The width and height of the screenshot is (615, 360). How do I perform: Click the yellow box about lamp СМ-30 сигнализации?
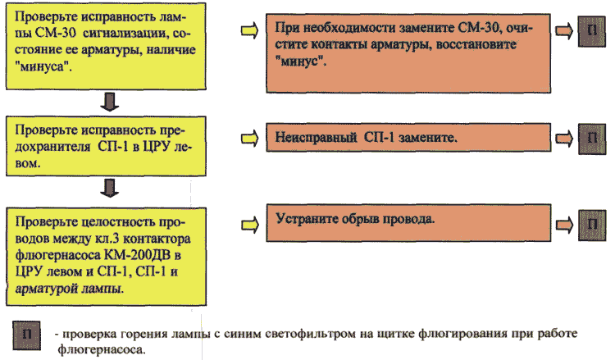[106, 46]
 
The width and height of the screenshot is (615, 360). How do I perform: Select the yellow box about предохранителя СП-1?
[106, 146]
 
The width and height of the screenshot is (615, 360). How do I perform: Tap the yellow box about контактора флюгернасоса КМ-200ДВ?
[106, 257]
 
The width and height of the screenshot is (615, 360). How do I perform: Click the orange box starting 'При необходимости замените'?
[408, 53]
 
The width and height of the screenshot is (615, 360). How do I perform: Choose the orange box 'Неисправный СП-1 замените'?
[408, 137]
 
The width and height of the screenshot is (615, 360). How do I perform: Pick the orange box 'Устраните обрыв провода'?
[408, 223]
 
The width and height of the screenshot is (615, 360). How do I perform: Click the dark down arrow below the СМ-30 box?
[109, 103]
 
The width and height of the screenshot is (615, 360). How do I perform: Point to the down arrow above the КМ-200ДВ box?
[109, 189]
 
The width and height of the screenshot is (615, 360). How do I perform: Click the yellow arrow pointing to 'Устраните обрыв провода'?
[250, 225]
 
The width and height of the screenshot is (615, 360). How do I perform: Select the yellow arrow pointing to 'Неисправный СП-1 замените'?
[250, 138]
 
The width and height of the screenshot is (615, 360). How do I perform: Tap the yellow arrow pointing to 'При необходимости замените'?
[250, 30]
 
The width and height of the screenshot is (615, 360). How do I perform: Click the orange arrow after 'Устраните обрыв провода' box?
[565, 225]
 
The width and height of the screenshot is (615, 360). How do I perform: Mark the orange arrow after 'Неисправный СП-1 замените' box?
[565, 138]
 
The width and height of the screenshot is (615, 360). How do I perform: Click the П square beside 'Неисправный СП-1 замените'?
[592, 139]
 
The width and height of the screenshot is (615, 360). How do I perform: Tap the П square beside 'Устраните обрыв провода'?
[592, 225]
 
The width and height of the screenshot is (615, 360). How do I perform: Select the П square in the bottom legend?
[27, 335]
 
